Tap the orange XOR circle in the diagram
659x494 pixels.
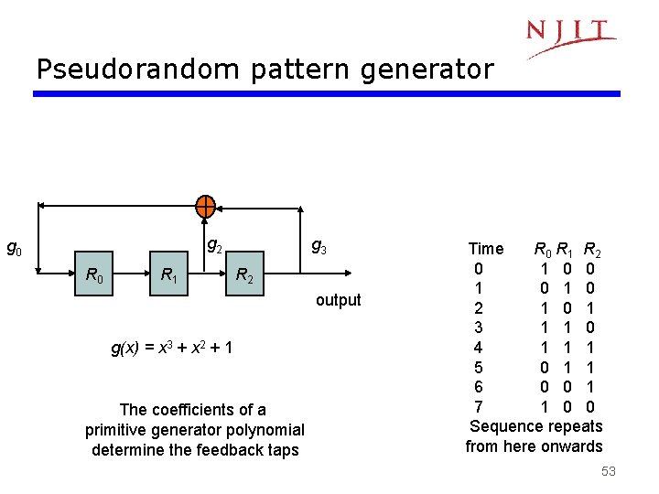(x=206, y=207)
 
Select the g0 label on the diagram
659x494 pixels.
(x=15, y=247)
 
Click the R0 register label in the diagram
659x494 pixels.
(x=93, y=274)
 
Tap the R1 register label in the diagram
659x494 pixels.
(x=169, y=274)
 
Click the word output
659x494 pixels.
(x=339, y=300)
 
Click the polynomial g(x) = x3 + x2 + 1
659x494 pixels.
(x=171, y=348)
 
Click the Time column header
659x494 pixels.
(x=485, y=249)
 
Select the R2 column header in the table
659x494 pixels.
(x=592, y=249)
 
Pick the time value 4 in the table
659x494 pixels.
(x=478, y=348)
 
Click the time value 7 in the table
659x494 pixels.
(x=478, y=406)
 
